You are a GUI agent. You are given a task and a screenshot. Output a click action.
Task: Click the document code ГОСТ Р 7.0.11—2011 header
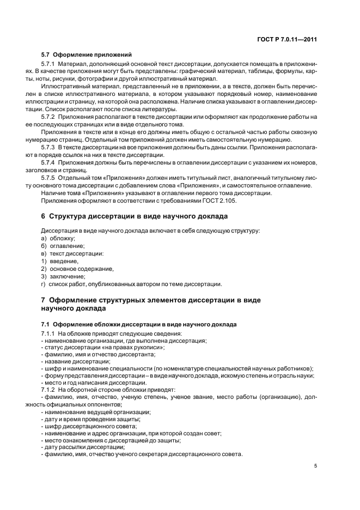click(286, 40)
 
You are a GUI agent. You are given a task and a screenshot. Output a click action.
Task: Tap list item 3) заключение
click(63, 276)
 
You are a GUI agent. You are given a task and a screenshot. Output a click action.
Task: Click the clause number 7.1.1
click(48, 333)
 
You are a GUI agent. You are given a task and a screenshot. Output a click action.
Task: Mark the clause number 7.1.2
click(48, 390)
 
